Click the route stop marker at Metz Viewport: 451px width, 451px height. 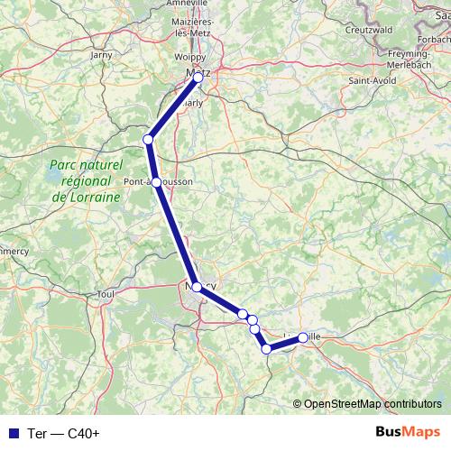coord(198,78)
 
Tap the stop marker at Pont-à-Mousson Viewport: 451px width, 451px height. coord(157,182)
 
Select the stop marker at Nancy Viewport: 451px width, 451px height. coord(197,287)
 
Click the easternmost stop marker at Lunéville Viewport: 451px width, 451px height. coord(302,337)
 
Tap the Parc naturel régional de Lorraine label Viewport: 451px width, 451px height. coord(87,182)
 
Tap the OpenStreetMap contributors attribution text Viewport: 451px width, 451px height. coord(372,403)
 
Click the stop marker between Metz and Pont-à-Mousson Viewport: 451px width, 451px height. coord(148,139)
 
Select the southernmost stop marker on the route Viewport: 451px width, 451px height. coord(267,349)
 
